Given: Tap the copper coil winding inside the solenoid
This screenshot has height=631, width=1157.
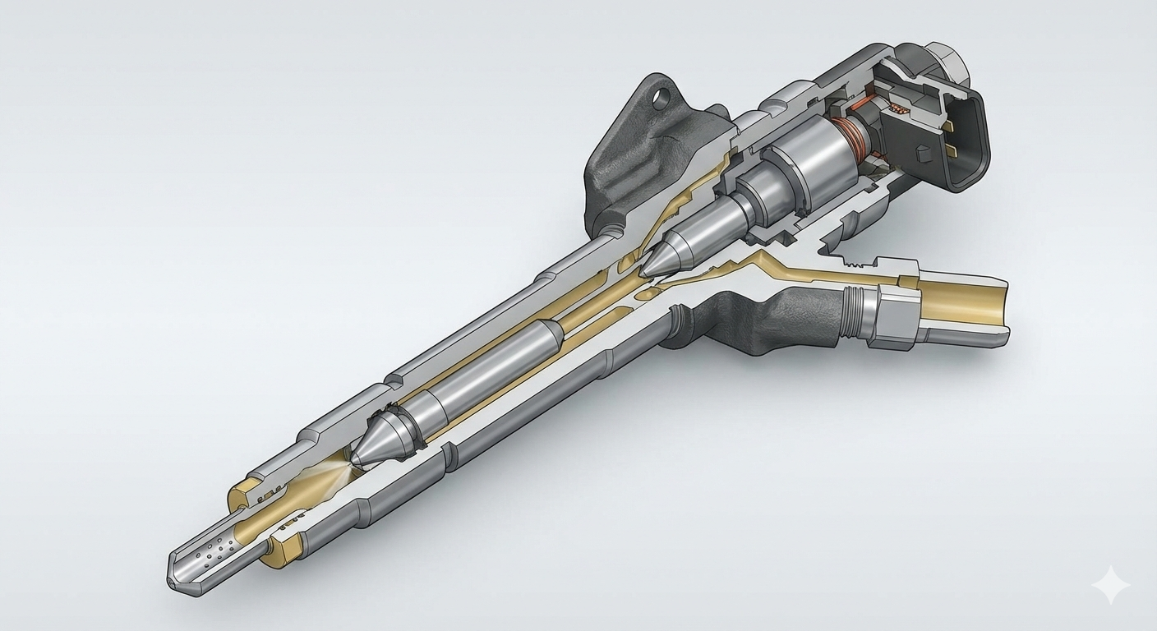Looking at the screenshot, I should coord(847,136).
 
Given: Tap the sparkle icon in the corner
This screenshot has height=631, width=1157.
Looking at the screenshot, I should coord(1110,585).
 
